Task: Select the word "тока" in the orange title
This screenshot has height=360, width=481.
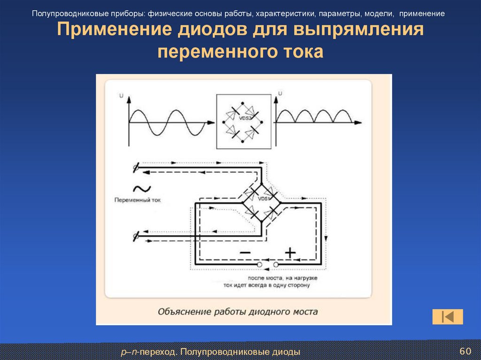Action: coord(303,51)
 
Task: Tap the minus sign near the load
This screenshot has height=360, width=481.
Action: coord(245,252)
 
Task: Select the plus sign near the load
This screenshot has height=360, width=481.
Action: coord(290,252)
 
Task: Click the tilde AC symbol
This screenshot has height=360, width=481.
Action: coord(141,189)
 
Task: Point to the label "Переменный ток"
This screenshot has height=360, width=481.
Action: coord(137,200)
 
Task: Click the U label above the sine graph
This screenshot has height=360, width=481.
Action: coord(122,96)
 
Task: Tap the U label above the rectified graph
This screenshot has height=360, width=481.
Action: coord(280,94)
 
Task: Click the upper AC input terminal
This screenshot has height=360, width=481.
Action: coord(136,167)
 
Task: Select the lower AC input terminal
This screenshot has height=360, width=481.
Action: coord(136,236)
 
